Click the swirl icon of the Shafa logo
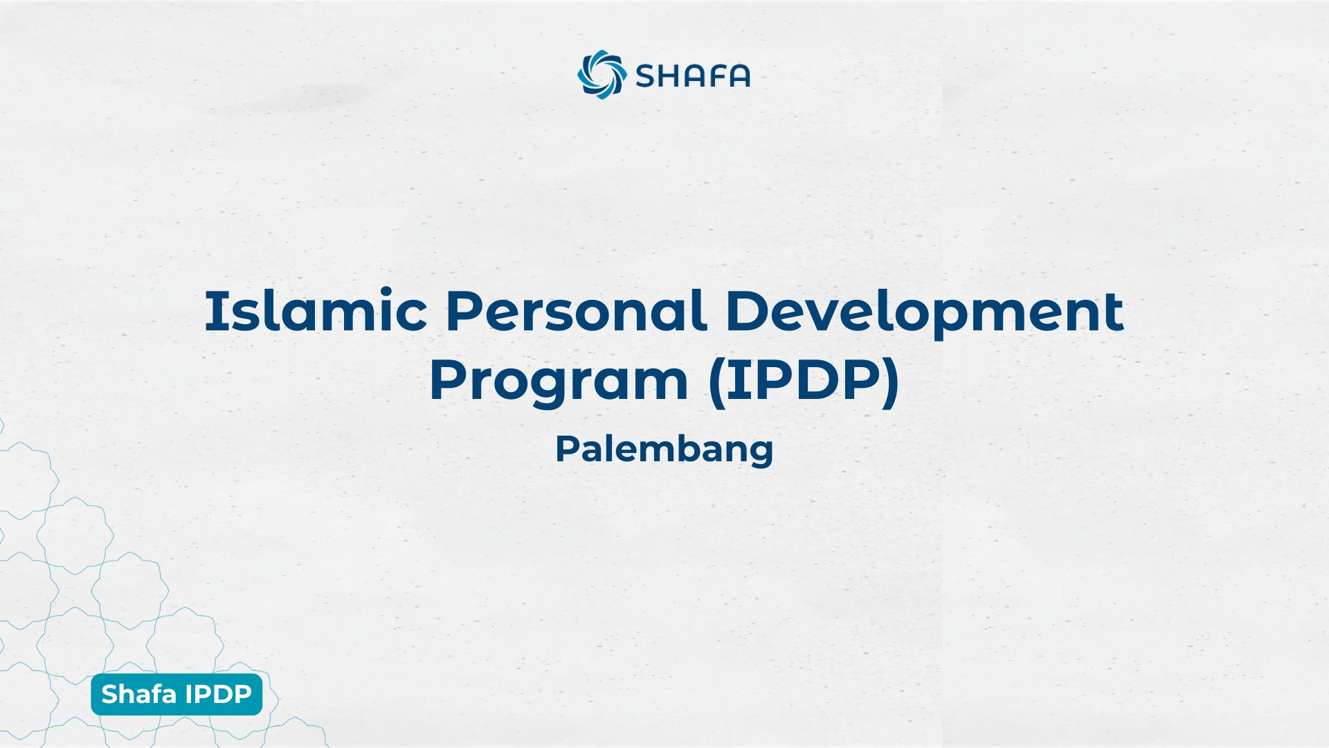[602, 75]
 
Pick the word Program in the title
[558, 382]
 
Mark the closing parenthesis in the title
[891, 382]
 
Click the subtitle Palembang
[664, 450]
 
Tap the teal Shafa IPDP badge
[177, 694]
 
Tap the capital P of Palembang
[566, 449]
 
